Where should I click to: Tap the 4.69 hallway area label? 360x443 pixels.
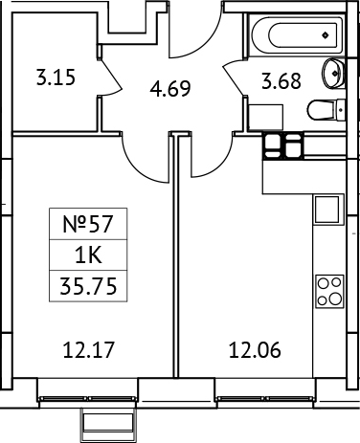tap(170, 91)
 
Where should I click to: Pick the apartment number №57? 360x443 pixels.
tap(89, 226)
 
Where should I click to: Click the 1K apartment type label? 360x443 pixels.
tap(89, 255)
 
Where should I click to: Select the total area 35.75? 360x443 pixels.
tap(89, 282)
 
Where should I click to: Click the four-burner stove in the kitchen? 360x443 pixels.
tap(329, 290)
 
